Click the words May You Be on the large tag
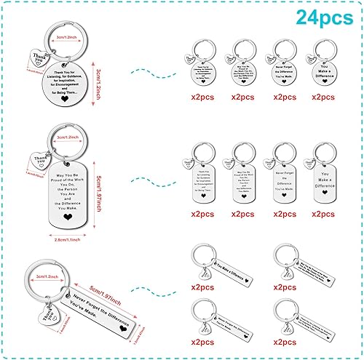pyautogui.click(x=66, y=172)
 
